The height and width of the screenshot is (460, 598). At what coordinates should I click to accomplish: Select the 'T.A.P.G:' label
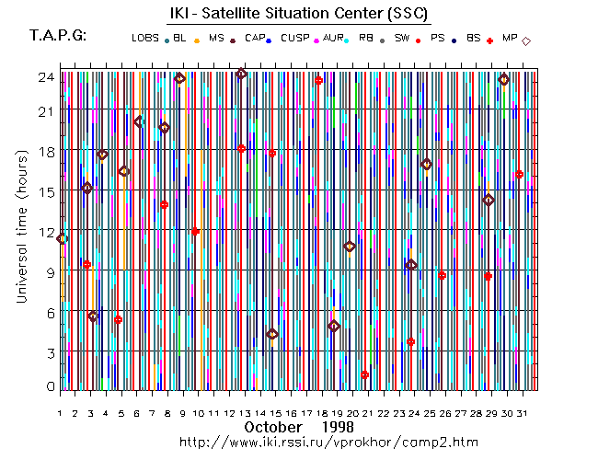coord(58,36)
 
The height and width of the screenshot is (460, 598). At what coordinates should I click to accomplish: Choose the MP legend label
coord(511,38)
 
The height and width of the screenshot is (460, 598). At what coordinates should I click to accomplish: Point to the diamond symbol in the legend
coord(526,40)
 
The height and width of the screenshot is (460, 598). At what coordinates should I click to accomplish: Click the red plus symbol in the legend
coord(490,40)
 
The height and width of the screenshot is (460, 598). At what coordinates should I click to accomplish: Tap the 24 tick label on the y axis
coord(44,77)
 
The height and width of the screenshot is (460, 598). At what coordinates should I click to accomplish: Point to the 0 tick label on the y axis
coord(49,386)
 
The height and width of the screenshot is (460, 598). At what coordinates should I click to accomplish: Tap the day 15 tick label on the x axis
coord(275,414)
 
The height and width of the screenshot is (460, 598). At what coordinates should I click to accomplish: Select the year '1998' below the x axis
coord(338,428)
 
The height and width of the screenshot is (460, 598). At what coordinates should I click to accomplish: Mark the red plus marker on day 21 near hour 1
coord(365,374)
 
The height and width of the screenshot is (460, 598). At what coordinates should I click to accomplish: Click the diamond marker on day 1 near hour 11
coord(62,238)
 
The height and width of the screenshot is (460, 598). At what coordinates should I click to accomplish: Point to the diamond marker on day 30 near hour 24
coord(504,80)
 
